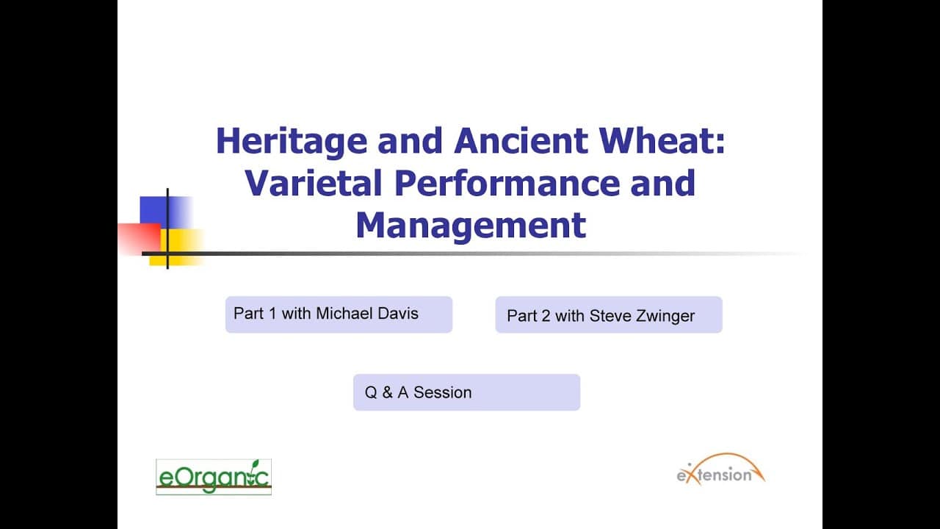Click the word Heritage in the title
click(292, 143)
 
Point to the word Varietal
click(314, 183)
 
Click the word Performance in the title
click(507, 183)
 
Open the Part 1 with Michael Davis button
click(339, 314)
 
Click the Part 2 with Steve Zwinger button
click(609, 314)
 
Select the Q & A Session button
click(466, 392)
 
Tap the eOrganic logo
click(214, 477)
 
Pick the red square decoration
click(140, 240)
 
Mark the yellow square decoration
click(176, 247)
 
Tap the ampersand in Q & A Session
click(387, 392)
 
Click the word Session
click(442, 392)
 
